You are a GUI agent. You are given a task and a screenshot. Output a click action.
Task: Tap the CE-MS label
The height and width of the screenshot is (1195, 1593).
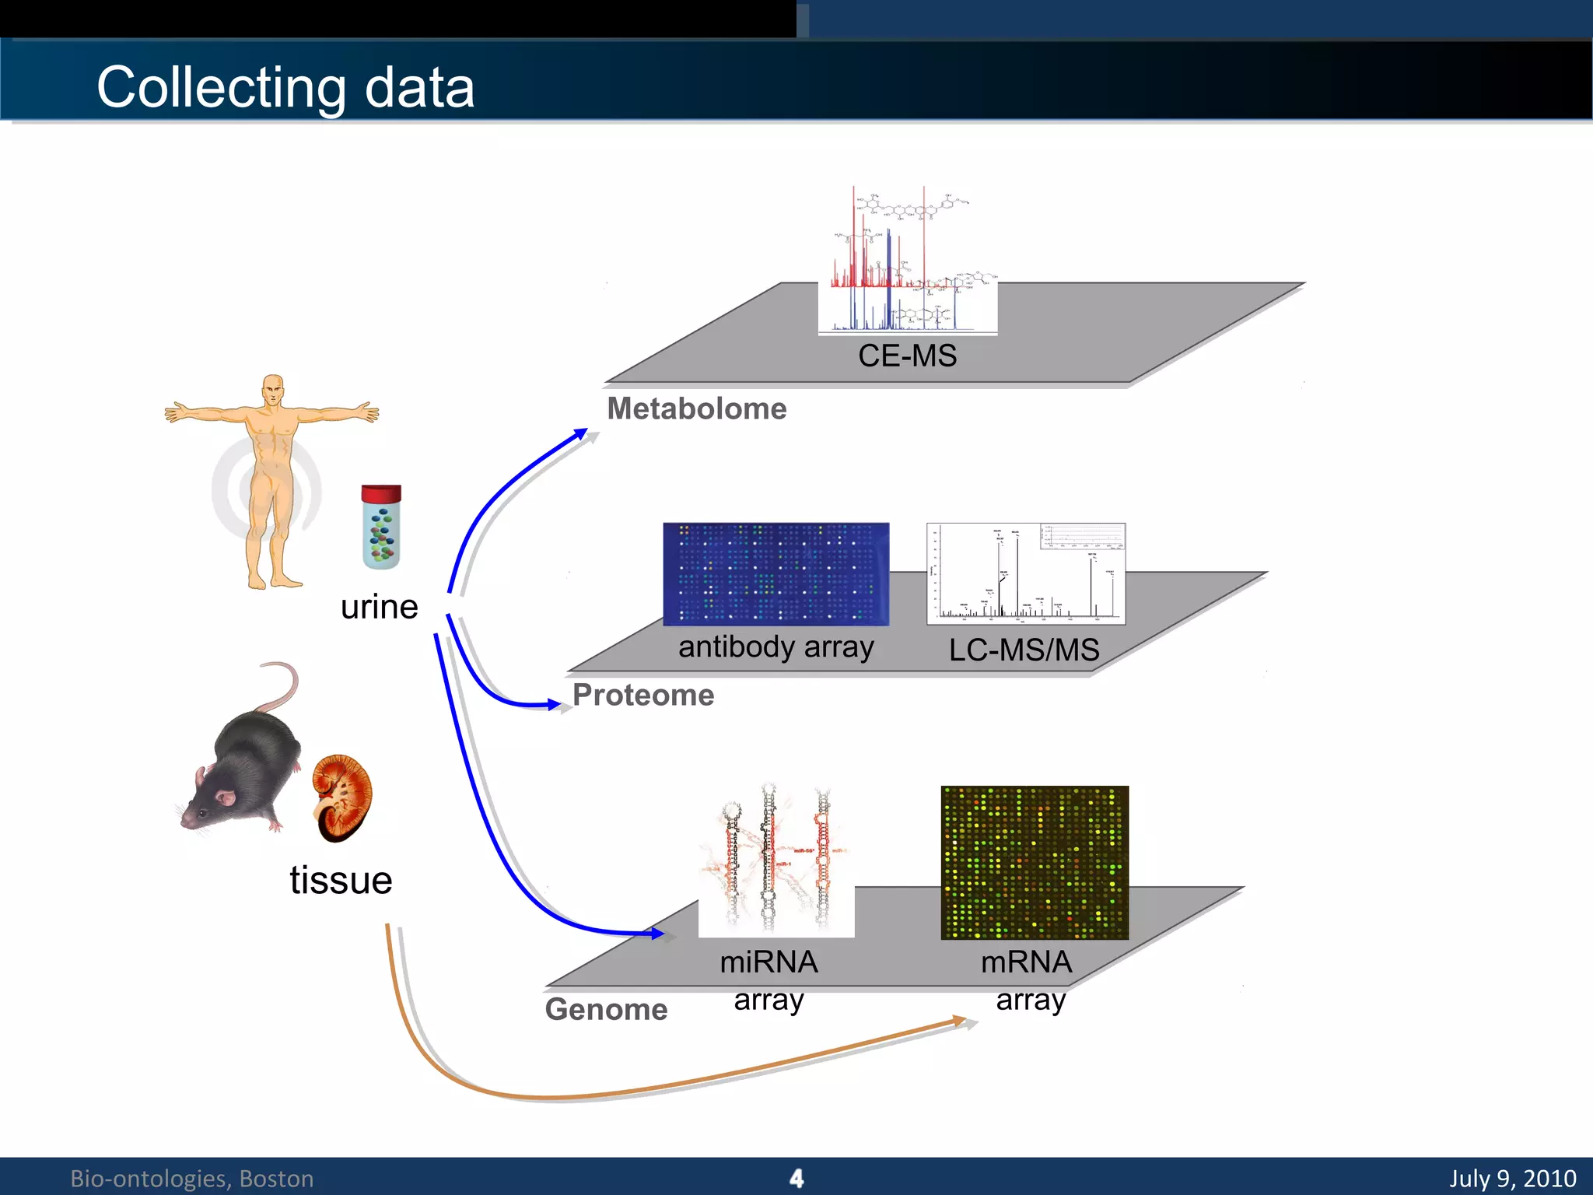pos(907,356)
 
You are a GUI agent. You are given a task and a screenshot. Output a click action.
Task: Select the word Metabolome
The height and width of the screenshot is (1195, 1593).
pos(697,408)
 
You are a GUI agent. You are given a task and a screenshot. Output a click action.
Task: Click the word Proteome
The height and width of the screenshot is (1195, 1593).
pos(643,695)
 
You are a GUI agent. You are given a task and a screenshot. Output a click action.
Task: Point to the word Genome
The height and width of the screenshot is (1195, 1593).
pos(606,1009)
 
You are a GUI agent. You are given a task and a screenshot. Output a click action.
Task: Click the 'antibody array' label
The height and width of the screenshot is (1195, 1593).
pos(775,647)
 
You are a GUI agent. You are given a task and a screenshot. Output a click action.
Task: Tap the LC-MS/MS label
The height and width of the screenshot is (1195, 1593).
pos(1024,650)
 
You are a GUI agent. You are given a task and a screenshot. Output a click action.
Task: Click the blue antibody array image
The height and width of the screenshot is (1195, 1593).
pos(775,573)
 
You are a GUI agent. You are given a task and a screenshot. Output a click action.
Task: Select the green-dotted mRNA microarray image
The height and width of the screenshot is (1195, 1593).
pos(1035,862)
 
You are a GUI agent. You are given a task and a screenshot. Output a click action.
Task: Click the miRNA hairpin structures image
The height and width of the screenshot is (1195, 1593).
pos(775,860)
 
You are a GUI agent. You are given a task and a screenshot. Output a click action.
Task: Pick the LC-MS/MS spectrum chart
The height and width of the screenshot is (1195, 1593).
pos(1026,573)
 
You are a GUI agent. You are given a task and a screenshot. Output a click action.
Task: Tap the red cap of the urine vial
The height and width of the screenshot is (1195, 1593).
pos(381,494)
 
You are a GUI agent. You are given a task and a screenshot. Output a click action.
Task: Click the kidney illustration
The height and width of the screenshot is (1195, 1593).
pos(342,797)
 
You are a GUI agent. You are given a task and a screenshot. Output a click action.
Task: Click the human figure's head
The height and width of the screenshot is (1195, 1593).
pos(272,389)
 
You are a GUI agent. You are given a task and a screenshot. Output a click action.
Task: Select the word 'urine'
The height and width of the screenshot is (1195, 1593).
pos(379,607)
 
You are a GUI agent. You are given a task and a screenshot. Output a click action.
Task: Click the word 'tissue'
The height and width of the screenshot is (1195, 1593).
pos(341,881)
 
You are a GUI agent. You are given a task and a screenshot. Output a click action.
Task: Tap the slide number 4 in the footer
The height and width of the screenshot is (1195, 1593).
pos(796,1178)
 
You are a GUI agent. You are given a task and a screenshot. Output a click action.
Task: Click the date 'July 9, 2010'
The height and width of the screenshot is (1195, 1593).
pos(1512,1178)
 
